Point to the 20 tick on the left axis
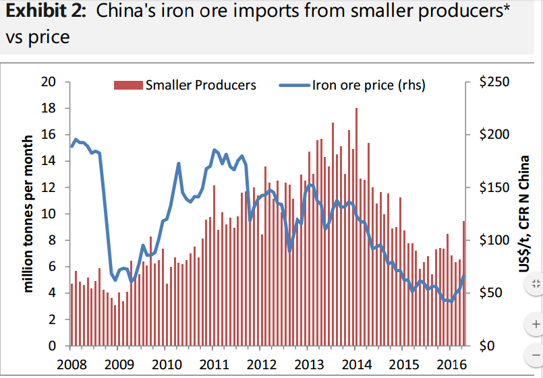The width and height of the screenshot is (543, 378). (48, 82)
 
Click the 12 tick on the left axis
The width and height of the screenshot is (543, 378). (48, 188)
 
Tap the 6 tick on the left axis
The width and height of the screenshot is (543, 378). (51, 267)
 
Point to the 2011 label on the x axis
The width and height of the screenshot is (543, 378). (212, 365)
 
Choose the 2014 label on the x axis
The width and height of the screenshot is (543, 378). (355, 365)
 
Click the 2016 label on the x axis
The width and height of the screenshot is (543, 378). (450, 365)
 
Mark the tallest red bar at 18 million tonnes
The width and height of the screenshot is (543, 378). (356, 226)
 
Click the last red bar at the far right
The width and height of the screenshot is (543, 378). (463, 283)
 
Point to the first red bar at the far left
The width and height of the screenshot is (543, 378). (72, 314)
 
